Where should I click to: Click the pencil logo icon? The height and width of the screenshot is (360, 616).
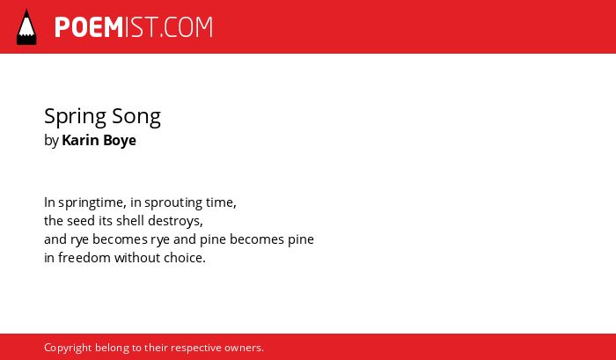tap(26, 26)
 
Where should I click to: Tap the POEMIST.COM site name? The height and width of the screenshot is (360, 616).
tap(134, 27)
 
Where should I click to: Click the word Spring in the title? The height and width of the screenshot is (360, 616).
tap(75, 117)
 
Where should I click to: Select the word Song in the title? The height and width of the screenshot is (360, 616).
tap(136, 117)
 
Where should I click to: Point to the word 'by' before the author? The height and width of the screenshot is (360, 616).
tap(51, 141)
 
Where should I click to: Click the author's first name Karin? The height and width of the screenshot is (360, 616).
tap(79, 140)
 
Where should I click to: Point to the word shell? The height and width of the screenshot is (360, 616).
tap(128, 221)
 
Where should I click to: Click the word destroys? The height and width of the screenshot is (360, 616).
tap(172, 222)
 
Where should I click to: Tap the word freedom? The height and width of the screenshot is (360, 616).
tap(84, 258)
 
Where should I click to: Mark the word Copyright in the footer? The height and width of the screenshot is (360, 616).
tap(68, 349)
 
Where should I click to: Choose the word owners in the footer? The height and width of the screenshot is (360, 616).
tap(244, 349)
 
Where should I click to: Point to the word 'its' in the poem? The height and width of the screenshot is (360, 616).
tap(106, 221)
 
